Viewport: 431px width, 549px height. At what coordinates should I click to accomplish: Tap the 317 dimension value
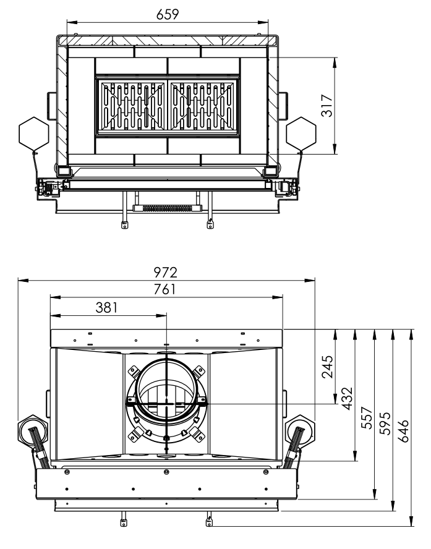[327, 106]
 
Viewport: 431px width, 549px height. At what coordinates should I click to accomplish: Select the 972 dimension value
[166, 271]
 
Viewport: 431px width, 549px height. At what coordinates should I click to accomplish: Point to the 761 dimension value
[166, 289]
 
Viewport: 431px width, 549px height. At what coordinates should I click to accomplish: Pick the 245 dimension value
[327, 366]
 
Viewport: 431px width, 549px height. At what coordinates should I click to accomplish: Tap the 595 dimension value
[385, 425]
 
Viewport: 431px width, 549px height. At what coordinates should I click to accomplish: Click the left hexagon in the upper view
[34, 132]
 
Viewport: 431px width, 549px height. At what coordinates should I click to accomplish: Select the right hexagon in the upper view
[301, 132]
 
